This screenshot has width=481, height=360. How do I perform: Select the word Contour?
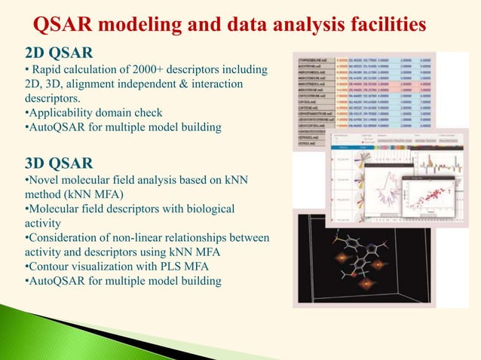[x=51, y=266]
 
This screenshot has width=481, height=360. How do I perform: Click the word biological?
[x=209, y=209]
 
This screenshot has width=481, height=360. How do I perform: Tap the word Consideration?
[x=66, y=237]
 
